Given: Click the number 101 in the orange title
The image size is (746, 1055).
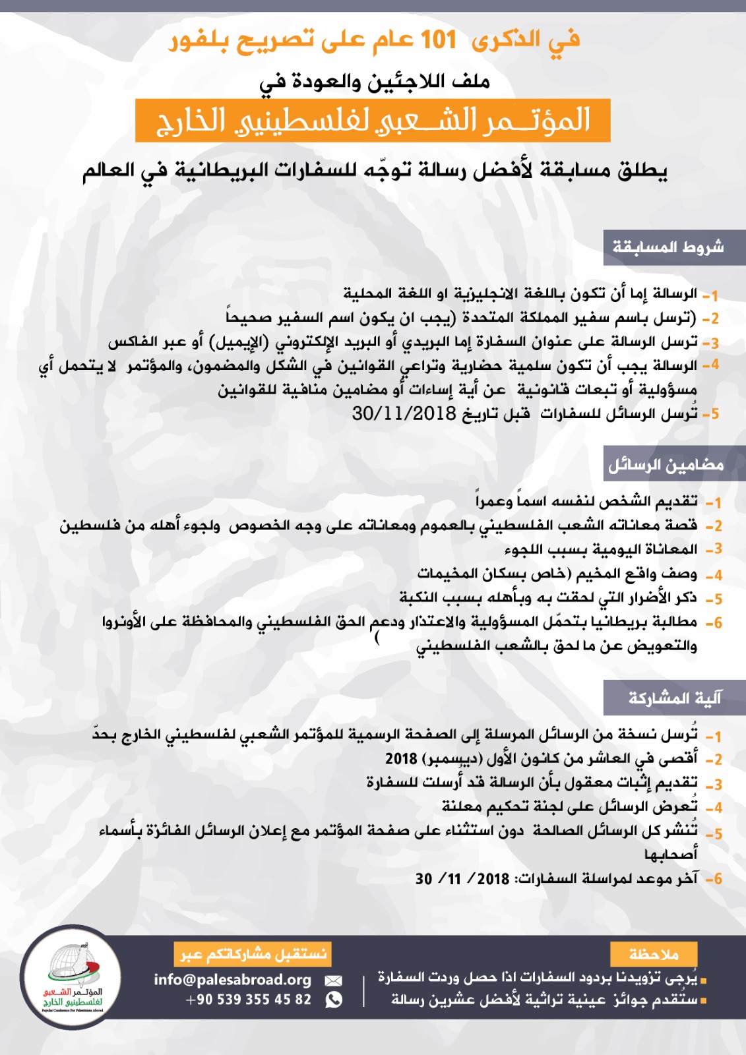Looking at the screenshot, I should pyautogui.click(x=439, y=40).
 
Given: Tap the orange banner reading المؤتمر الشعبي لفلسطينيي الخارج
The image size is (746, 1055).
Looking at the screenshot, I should pyautogui.click(x=373, y=121).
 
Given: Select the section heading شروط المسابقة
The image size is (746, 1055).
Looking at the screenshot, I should pyautogui.click(x=668, y=247).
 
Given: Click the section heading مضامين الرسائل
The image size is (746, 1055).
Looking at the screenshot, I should pyautogui.click(x=666, y=465).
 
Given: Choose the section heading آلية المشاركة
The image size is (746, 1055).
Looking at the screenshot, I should pyautogui.click(x=675, y=698).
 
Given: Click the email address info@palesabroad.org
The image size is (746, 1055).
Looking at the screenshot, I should pyautogui.click(x=232, y=980).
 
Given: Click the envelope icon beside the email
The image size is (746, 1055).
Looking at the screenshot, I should pyautogui.click(x=334, y=980).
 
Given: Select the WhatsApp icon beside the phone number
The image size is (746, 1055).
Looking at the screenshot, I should pyautogui.click(x=334, y=1000).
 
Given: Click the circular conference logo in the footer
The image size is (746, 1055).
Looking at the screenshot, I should pyautogui.click(x=71, y=977).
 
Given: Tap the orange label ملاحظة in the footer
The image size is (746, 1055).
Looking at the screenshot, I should pyautogui.click(x=654, y=954).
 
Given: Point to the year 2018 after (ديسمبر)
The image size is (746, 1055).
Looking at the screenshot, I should pyautogui.click(x=401, y=759).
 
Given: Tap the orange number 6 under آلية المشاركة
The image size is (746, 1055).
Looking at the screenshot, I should pyautogui.click(x=717, y=879).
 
